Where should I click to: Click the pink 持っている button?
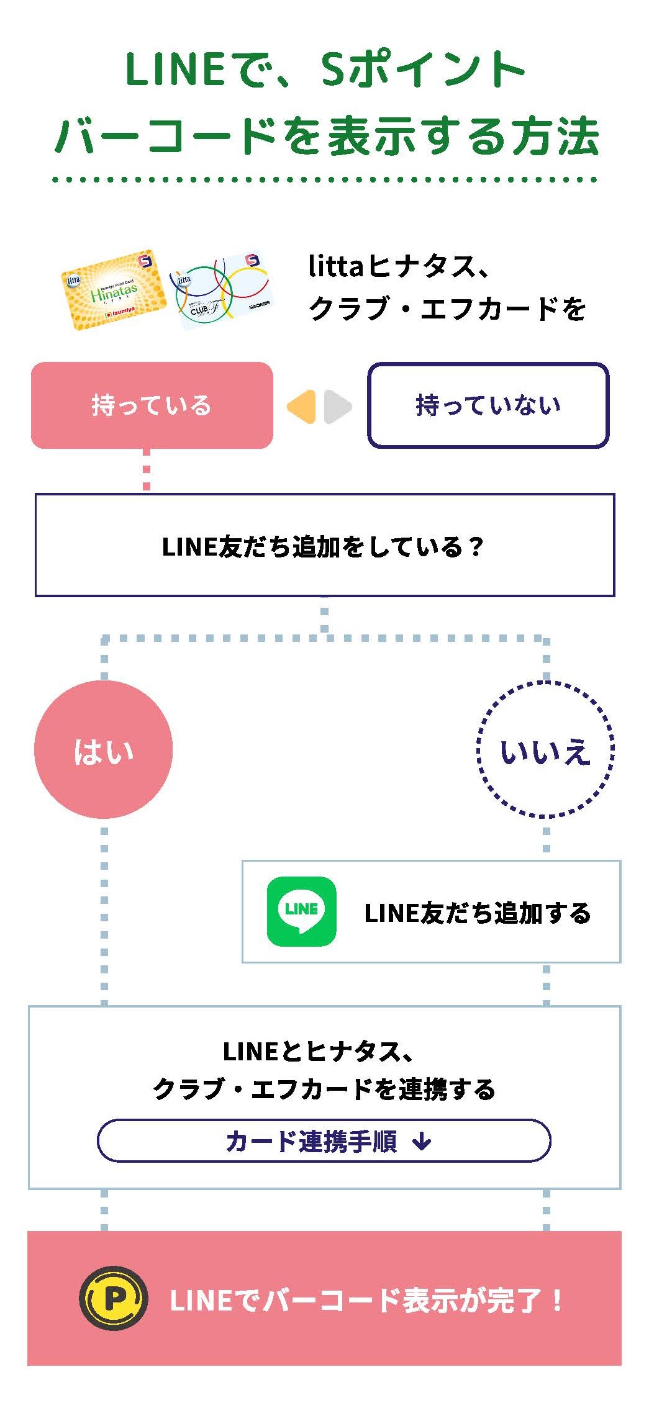[x=152, y=405]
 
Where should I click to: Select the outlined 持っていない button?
[x=488, y=405]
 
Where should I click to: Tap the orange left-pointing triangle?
[x=302, y=407]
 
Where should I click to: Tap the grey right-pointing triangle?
[x=337, y=407]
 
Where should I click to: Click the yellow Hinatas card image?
[x=114, y=291]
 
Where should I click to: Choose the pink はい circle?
[x=103, y=749]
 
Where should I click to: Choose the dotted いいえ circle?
[x=545, y=749]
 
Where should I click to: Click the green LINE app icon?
[x=301, y=911]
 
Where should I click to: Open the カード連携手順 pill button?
[x=324, y=1140]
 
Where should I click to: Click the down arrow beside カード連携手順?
[x=422, y=1140]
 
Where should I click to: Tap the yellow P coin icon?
[x=114, y=1297]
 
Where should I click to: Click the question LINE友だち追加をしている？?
[x=322, y=546]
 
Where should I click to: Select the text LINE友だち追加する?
[x=477, y=913]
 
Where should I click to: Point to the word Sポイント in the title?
[x=423, y=70]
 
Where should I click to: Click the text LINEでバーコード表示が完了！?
[x=366, y=1299]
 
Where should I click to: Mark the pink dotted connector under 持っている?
[x=147, y=471]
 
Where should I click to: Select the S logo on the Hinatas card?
[x=145, y=261]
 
